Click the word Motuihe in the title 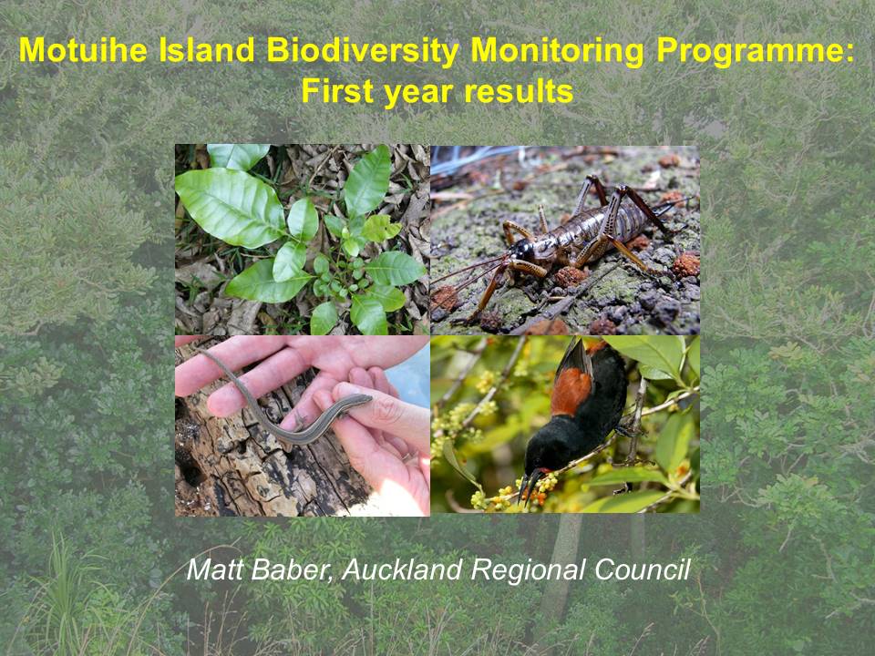84,50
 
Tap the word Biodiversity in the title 363,51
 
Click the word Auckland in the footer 402,569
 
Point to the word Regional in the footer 528,570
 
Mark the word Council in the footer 643,569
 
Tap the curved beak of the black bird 529,484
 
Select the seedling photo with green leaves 303,240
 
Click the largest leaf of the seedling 230,207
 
